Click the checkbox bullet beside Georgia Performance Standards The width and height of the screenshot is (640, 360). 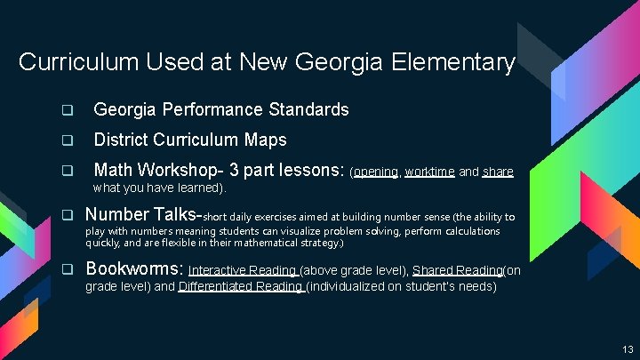click(66, 111)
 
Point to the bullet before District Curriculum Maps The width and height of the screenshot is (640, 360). click(66, 140)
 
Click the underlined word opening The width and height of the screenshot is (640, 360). click(377, 172)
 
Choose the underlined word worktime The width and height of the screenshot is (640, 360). click(430, 172)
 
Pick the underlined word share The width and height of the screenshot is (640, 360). click(498, 172)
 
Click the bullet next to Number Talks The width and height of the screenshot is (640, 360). click(66, 215)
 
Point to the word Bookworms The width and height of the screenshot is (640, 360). click(133, 268)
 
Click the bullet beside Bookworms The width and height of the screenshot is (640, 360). click(66, 269)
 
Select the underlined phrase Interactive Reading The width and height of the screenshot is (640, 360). click(243, 270)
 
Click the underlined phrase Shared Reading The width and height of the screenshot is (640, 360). click(444, 270)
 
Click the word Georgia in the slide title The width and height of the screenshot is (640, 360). click(314, 63)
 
